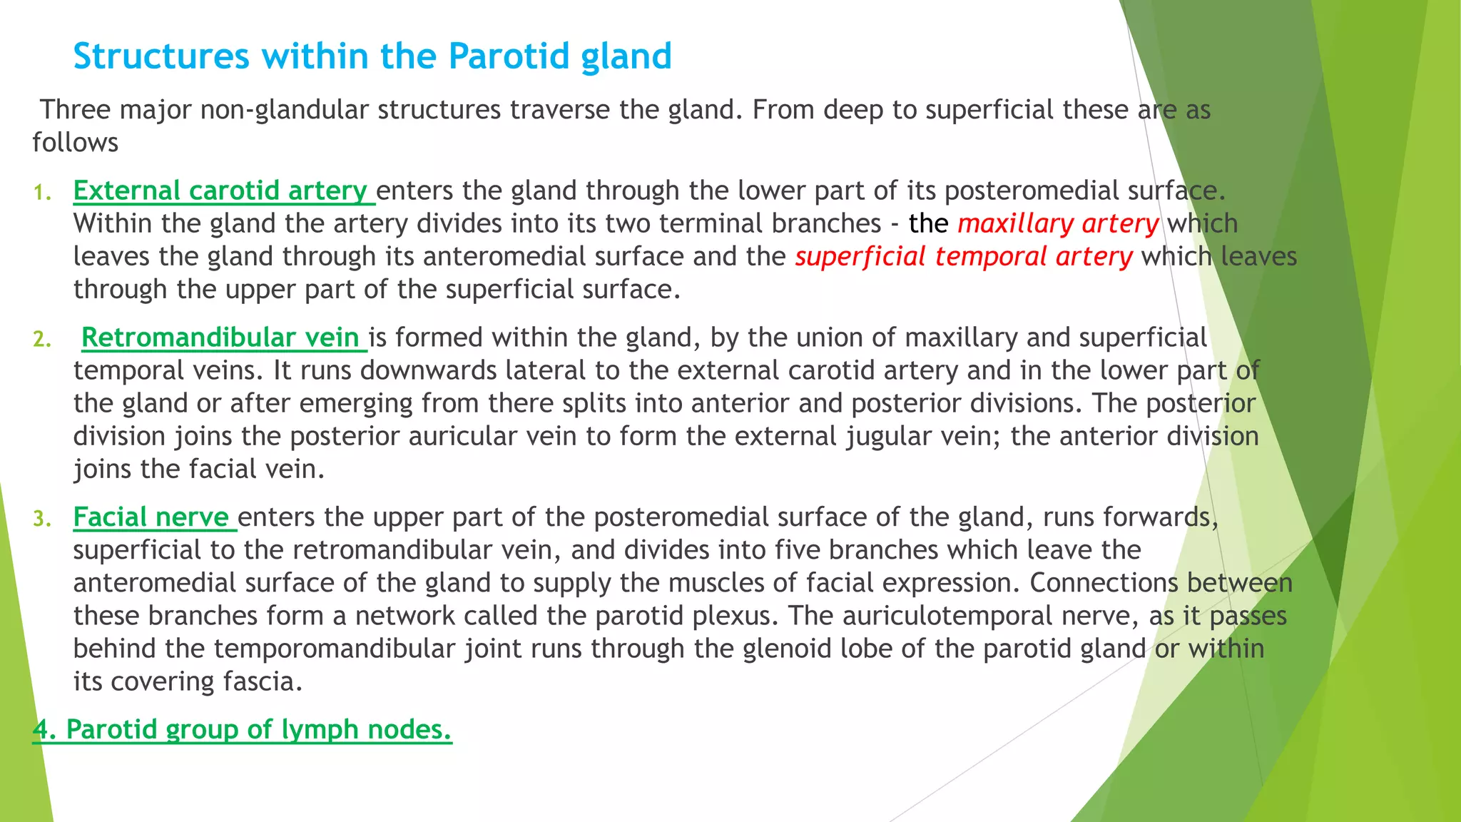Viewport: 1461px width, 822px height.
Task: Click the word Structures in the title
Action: [x=161, y=56]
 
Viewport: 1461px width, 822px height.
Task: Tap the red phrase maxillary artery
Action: [x=1058, y=224]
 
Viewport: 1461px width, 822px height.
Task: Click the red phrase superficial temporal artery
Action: [x=963, y=257]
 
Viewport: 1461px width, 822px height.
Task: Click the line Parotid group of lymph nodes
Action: [x=243, y=730]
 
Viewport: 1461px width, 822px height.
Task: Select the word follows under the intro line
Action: [x=75, y=143]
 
